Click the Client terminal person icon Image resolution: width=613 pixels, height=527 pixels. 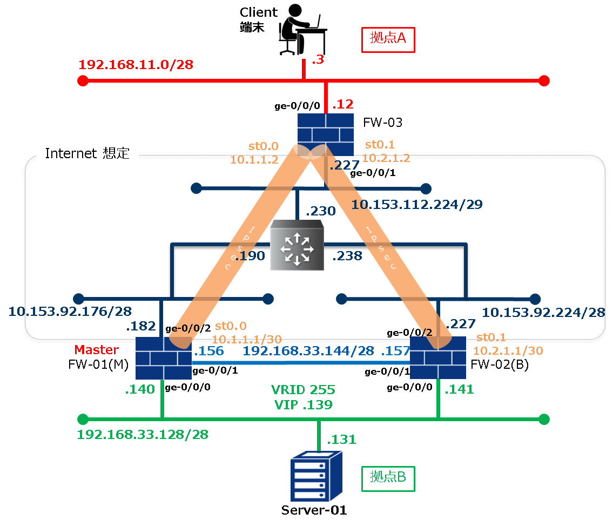[x=302, y=30]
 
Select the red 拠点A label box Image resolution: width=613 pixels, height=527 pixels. [x=388, y=39]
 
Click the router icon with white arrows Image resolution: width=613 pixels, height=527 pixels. [x=296, y=246]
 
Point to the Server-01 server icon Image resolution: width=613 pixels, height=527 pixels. [x=316, y=478]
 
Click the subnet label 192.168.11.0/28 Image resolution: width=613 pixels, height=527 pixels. [x=136, y=65]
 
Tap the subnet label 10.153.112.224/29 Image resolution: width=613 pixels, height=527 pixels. [x=416, y=205]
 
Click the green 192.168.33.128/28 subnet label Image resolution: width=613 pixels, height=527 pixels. [x=143, y=435]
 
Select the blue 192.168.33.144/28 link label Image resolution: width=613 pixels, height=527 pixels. [x=308, y=351]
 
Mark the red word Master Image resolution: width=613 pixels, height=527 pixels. [x=96, y=350]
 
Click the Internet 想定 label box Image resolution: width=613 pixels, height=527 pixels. [x=87, y=154]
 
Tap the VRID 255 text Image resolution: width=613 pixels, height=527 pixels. [x=303, y=390]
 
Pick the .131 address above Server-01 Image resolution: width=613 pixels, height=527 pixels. [x=341, y=440]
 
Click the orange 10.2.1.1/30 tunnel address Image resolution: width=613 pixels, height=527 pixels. [x=508, y=350]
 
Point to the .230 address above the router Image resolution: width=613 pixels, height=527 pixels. [x=320, y=211]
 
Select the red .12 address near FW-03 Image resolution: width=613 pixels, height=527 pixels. [x=342, y=104]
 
